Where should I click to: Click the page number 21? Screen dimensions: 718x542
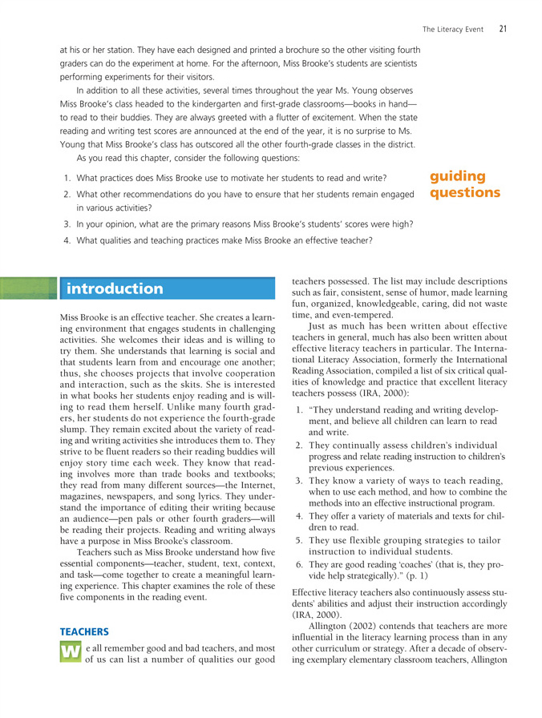pyautogui.click(x=503, y=30)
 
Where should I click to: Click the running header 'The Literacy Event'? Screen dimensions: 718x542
pyautogui.click(x=453, y=30)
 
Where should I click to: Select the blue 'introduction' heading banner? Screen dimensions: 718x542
pyautogui.click(x=115, y=288)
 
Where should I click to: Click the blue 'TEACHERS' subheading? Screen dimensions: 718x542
pyautogui.click(x=83, y=609)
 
